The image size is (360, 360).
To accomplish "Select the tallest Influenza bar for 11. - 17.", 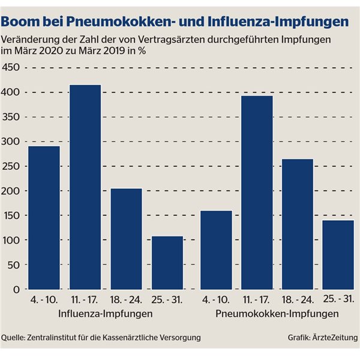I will (85, 187).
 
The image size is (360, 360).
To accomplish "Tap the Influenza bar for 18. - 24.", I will (127, 239).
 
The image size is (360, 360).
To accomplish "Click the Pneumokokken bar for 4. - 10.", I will (217, 250).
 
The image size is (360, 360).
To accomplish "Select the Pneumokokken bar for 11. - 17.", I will (257, 193).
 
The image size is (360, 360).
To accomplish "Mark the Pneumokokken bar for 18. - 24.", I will (298, 224).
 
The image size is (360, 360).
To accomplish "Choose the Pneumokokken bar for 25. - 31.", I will (339, 254).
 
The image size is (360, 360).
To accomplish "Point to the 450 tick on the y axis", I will (11, 67).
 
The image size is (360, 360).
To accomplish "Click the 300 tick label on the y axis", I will (11, 142).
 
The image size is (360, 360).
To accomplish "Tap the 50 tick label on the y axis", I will (13, 265).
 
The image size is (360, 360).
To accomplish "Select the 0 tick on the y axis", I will (16, 289).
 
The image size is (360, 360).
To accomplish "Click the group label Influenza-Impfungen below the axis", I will (105, 314).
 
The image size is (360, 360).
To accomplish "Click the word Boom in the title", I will (19, 22).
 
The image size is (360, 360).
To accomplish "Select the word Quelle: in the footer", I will (14, 338).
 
